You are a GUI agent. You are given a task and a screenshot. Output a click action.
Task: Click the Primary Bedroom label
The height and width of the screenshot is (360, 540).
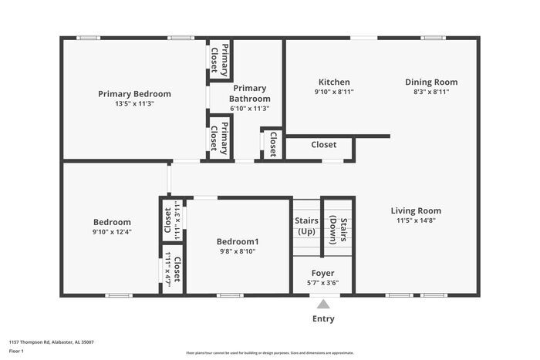(134, 94)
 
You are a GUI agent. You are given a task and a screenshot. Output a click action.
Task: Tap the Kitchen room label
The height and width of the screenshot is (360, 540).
(334, 82)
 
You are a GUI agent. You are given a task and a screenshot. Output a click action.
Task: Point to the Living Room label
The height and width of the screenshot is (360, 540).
(416, 210)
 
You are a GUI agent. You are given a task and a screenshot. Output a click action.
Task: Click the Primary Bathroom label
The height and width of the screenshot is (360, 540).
(251, 93)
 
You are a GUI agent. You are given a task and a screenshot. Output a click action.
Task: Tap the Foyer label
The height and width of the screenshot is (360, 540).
(322, 273)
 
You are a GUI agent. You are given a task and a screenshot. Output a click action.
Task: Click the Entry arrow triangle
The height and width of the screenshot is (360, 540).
(322, 304)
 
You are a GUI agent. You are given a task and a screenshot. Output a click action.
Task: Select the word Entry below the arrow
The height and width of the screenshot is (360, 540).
(323, 319)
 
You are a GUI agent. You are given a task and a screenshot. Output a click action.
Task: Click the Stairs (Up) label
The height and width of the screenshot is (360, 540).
(306, 226)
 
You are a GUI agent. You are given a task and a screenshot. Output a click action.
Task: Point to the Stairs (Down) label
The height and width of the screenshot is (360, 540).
(338, 227)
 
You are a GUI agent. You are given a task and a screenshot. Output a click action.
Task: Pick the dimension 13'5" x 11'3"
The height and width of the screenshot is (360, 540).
(134, 103)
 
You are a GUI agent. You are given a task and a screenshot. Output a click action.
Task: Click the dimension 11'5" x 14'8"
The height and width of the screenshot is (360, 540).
(416, 220)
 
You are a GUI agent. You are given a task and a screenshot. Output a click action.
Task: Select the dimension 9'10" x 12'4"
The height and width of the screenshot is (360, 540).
(112, 231)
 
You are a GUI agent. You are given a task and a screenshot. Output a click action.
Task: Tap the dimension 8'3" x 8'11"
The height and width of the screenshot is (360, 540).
(432, 91)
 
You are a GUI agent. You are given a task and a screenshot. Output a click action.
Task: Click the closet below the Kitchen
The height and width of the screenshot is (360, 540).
(323, 144)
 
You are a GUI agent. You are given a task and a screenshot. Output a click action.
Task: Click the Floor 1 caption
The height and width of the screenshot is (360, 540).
(17, 352)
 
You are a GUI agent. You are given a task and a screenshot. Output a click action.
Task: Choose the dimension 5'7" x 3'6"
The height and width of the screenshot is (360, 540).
(322, 282)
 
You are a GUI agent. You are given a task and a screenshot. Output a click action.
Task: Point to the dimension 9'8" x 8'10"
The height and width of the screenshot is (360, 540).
(238, 251)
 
